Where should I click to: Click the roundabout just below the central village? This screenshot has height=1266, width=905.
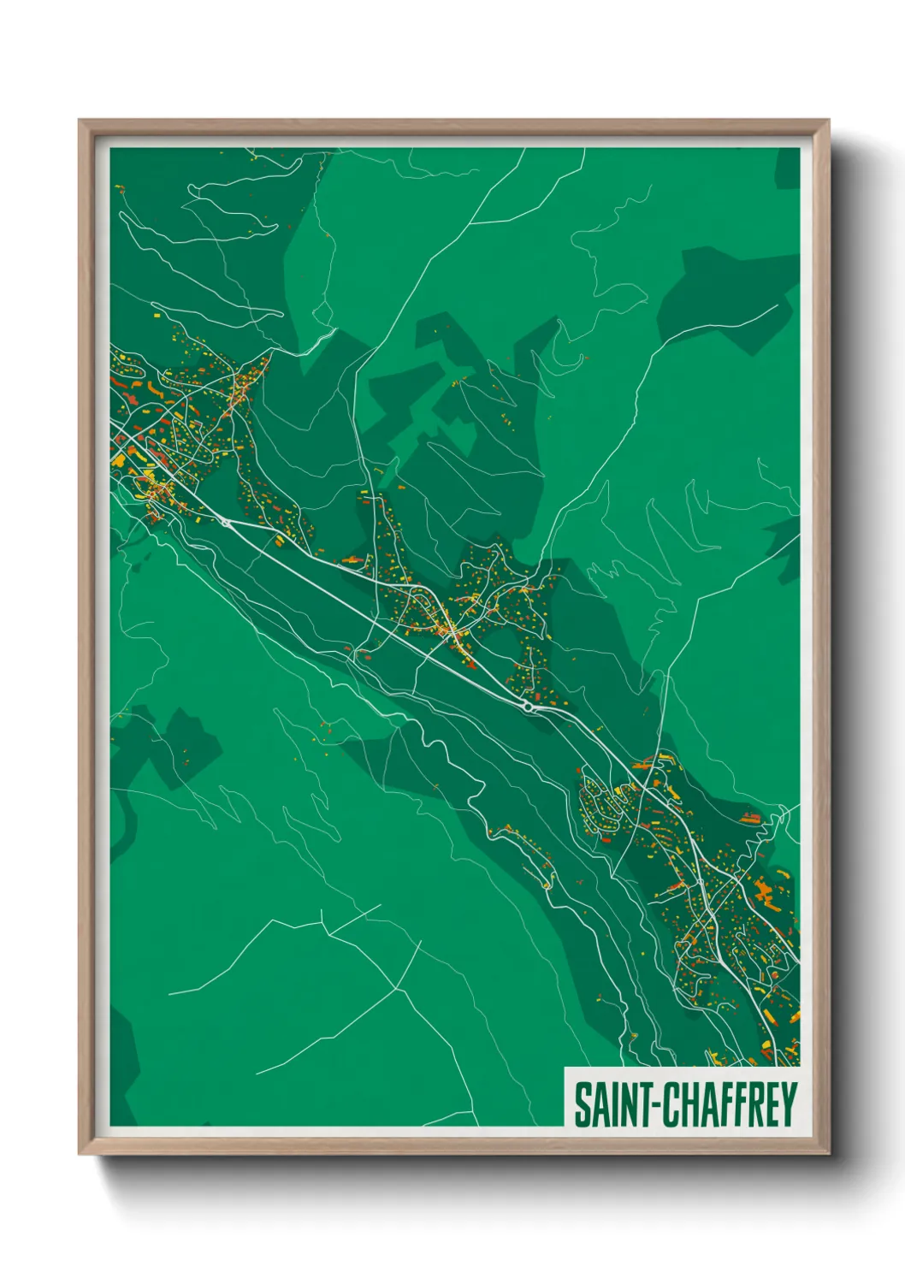coord(528,707)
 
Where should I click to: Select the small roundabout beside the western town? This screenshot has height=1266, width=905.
coord(226,520)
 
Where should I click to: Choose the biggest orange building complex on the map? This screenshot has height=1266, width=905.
coord(764,890)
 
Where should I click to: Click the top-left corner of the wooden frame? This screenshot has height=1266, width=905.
coord(80,121)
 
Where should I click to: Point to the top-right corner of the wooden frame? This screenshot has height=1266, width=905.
coord(828,121)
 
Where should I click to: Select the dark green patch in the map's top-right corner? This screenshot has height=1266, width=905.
coord(788,169)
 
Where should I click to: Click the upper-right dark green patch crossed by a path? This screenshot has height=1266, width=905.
coord(727,299)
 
